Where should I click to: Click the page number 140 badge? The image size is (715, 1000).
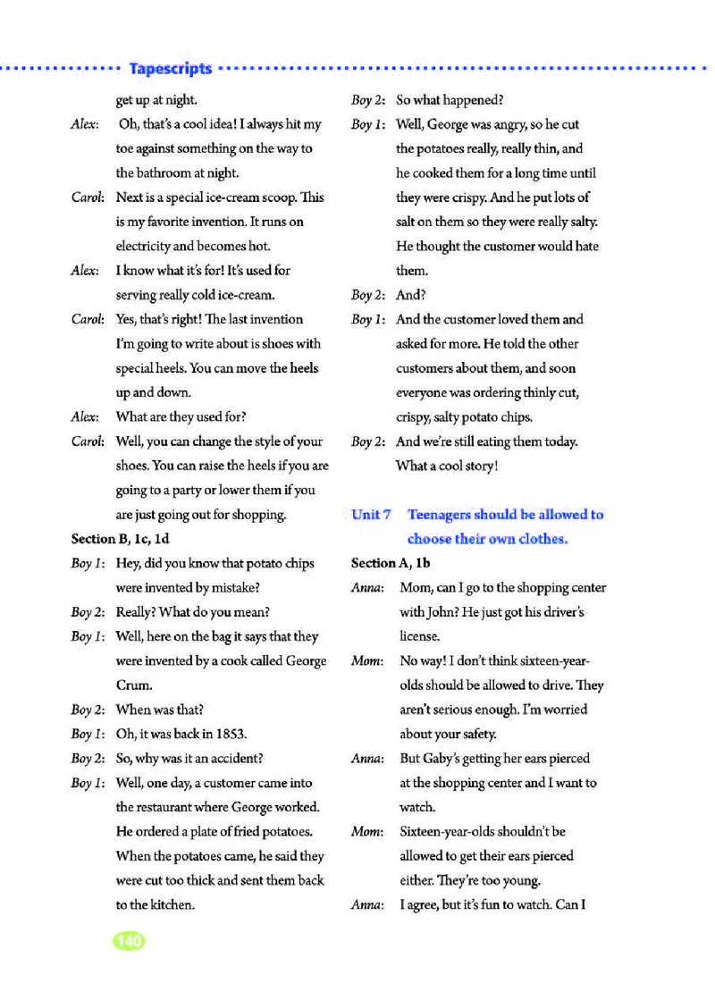click(x=129, y=941)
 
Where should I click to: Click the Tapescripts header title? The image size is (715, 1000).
click(x=170, y=69)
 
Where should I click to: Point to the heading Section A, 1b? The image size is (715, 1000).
click(x=391, y=563)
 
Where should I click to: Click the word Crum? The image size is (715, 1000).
click(x=133, y=685)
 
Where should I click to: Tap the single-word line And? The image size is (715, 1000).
click(x=410, y=295)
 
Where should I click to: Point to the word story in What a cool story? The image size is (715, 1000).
click(x=476, y=466)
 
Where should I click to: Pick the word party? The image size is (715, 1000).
click(x=187, y=491)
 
